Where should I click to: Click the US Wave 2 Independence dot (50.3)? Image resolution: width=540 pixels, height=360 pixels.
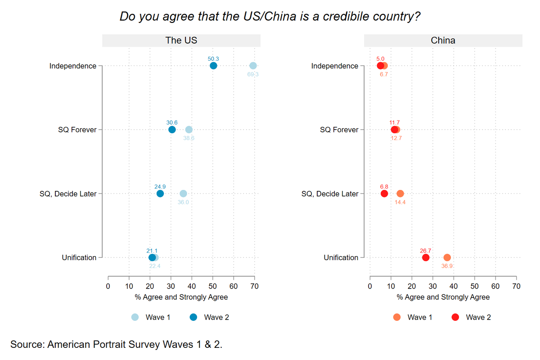[x=213, y=66]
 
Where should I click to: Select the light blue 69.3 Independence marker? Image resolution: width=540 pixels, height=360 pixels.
[x=253, y=66]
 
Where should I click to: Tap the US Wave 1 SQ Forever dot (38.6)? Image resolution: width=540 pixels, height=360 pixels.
[x=189, y=130]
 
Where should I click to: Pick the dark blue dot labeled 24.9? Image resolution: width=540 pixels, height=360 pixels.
[x=160, y=193]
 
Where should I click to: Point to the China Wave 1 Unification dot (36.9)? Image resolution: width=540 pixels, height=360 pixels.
[x=447, y=257]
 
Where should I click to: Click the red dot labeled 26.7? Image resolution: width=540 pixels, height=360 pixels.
[x=426, y=257]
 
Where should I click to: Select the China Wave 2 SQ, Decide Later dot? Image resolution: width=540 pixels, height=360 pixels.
[x=384, y=193]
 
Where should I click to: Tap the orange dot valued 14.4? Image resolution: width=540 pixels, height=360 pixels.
[x=400, y=193]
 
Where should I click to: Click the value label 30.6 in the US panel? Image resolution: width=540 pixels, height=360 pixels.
[x=172, y=122]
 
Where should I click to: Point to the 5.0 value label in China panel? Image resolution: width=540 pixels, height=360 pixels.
[x=381, y=58]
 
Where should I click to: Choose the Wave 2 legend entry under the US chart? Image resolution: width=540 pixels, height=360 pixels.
[x=210, y=317]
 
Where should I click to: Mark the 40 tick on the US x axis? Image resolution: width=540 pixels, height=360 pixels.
[x=192, y=286]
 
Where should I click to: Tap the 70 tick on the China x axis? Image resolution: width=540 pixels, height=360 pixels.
[x=516, y=286]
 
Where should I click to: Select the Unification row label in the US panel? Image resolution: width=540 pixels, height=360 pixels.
[x=79, y=257]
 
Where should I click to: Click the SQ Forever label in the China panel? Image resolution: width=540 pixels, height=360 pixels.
[x=339, y=130]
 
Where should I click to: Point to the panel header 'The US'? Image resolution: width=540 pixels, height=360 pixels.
[x=181, y=40]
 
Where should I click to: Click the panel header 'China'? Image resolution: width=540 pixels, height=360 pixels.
[x=443, y=40]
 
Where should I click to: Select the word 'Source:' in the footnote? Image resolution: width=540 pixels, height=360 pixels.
[x=27, y=345]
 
